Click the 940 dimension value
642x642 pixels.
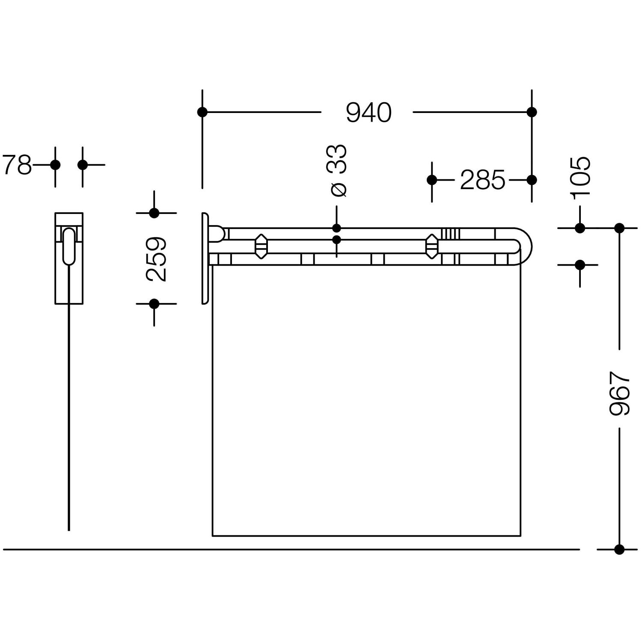(369, 113)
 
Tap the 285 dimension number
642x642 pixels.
(482, 180)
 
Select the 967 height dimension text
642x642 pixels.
(620, 393)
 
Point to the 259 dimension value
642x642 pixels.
(156, 259)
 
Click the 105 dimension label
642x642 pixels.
(580, 178)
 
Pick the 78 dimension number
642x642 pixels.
(17, 165)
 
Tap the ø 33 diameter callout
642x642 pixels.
(337, 170)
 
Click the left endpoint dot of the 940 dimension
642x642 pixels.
(202, 112)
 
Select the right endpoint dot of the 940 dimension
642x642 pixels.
(532, 112)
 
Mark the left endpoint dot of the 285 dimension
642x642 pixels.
(432, 180)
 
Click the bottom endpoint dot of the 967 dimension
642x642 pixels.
(619, 550)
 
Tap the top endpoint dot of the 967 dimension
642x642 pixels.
(619, 228)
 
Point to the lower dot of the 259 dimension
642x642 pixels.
(154, 304)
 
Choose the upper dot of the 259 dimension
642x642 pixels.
(154, 213)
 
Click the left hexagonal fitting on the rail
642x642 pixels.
(261, 247)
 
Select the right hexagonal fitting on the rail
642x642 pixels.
(432, 247)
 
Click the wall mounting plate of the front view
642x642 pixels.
(205, 258)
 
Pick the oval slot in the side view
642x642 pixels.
(69, 247)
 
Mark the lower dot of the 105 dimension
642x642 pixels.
(580, 265)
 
